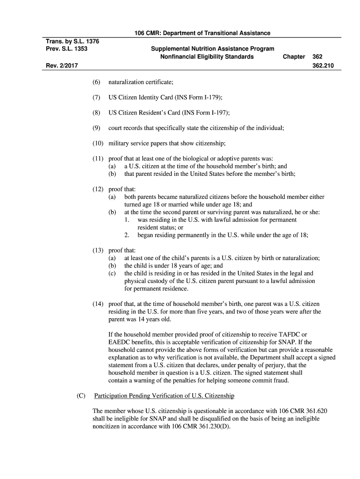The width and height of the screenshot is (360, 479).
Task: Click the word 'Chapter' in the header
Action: (294, 57)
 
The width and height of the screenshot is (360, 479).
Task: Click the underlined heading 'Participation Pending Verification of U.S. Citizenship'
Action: (164, 396)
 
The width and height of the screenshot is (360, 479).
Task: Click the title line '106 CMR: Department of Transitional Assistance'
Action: (202, 33)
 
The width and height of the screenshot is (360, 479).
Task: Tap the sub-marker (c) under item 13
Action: (112, 273)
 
